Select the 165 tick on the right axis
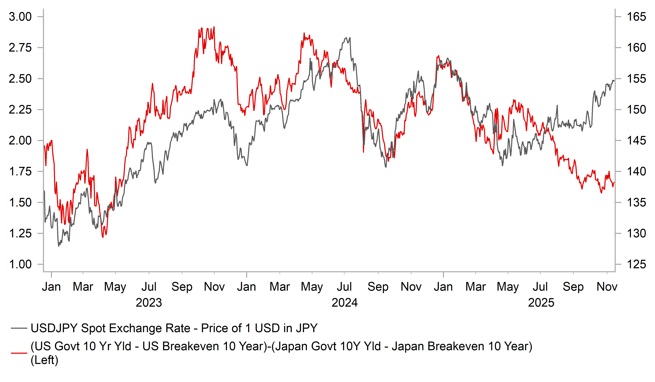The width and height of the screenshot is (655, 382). coord(636,17)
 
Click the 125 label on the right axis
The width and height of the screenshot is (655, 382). coord(636,264)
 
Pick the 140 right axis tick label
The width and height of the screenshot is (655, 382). coord(636,171)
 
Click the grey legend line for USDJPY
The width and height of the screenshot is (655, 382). coord(19,328)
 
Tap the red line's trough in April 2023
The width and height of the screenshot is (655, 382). coord(103,237)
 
